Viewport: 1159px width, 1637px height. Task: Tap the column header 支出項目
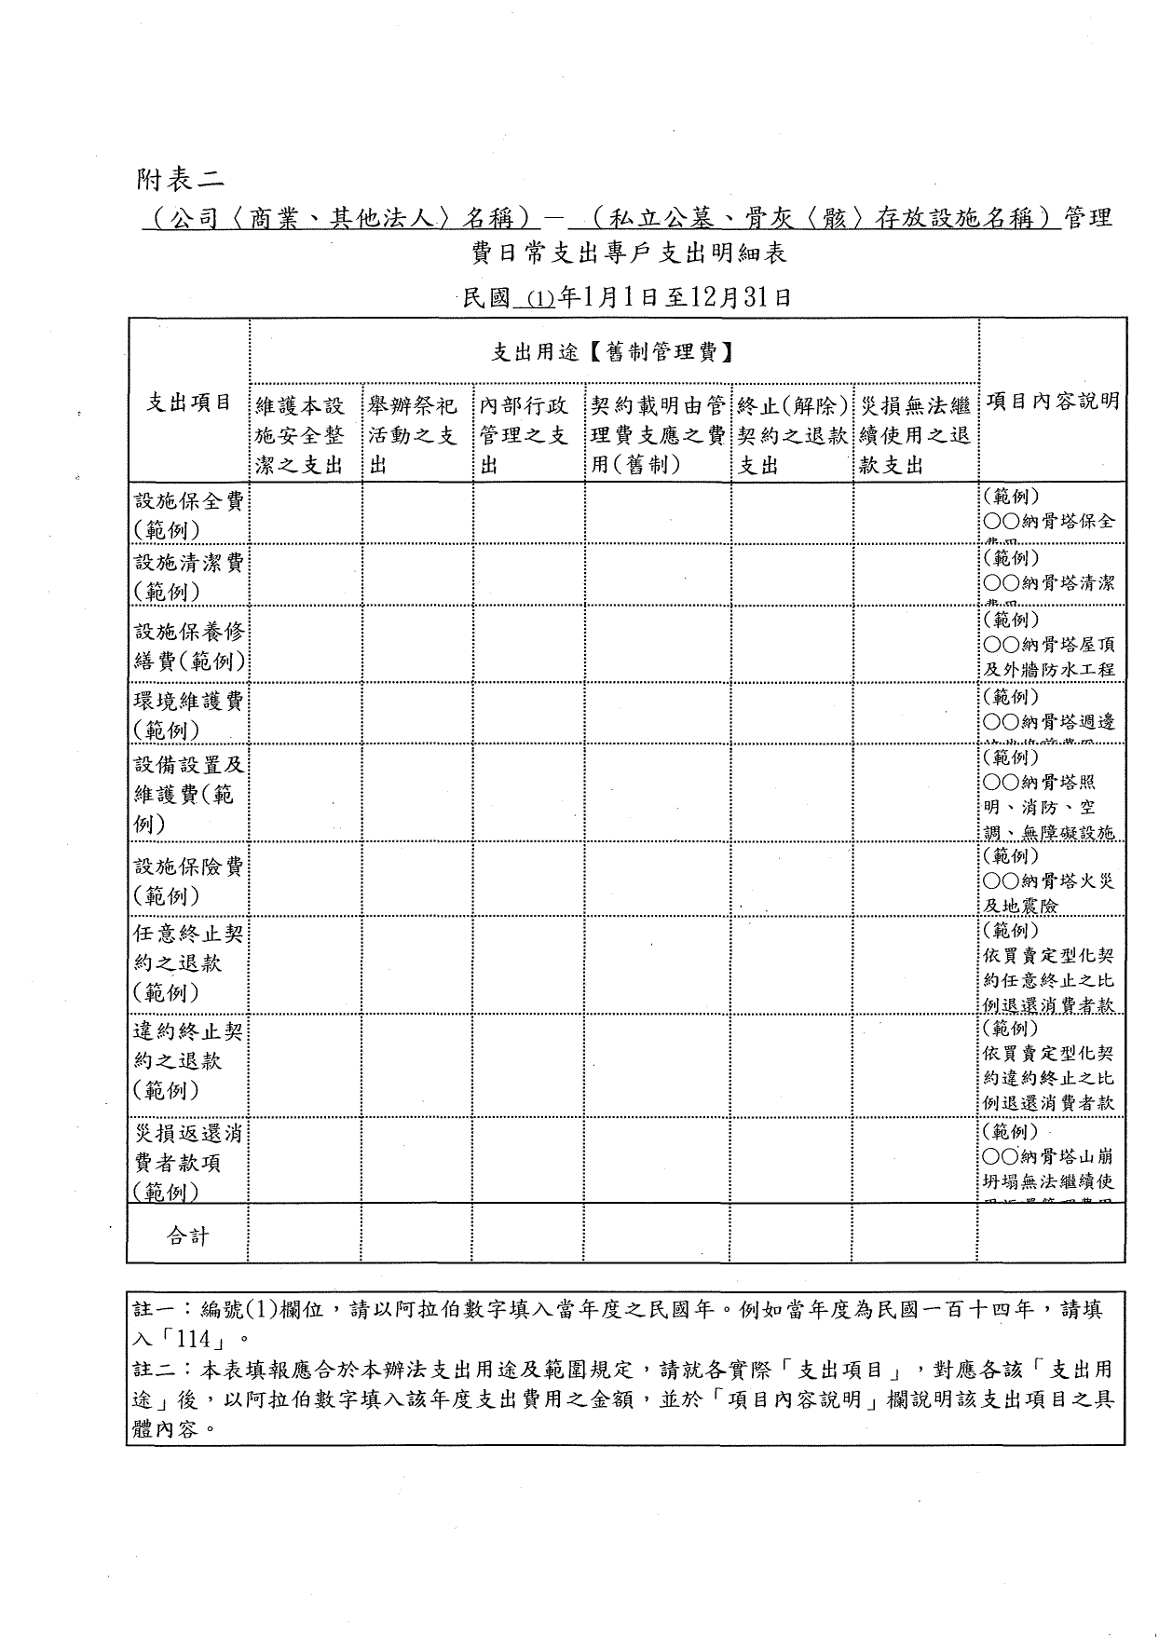[189, 402]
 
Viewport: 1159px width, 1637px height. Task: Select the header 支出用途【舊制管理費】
[612, 352]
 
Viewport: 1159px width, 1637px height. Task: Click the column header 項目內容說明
[1052, 402]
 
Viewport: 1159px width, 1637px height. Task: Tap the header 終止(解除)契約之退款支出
[792, 435]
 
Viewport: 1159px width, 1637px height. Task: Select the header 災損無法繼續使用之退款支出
[914, 435]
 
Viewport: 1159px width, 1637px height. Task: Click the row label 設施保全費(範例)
[189, 514]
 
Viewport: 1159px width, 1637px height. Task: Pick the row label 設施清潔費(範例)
[189, 576]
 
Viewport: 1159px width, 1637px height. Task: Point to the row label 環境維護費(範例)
[189, 714]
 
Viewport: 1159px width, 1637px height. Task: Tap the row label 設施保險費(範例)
[189, 880]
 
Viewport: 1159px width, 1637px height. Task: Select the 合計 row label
[188, 1236]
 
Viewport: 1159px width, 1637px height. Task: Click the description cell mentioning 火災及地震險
[1049, 880]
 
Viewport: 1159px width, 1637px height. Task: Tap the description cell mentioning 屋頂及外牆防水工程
[1049, 644]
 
